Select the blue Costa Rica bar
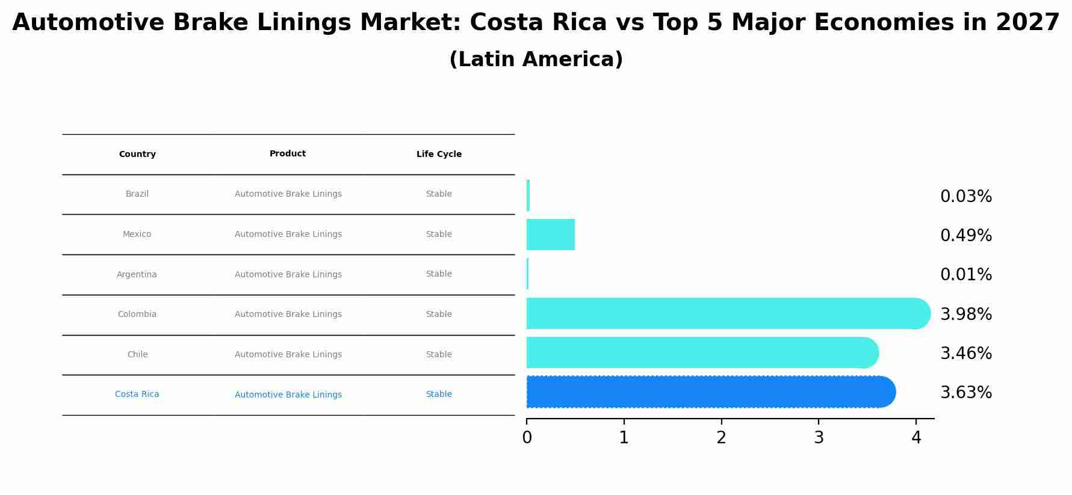pyautogui.click(x=710, y=392)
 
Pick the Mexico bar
pyautogui.click(x=550, y=235)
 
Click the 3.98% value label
pyautogui.click(x=965, y=314)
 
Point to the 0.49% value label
pyautogui.click(x=965, y=236)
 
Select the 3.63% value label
pyautogui.click(x=965, y=393)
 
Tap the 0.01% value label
pyautogui.click(x=965, y=275)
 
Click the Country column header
pyautogui.click(x=137, y=155)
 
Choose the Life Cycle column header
pyautogui.click(x=439, y=155)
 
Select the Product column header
pyautogui.click(x=288, y=154)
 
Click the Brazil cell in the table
pyautogui.click(x=137, y=194)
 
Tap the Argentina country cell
pyautogui.click(x=137, y=275)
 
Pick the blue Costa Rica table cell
pyautogui.click(x=137, y=395)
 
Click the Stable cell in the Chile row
pyautogui.click(x=439, y=355)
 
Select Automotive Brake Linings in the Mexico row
pyautogui.click(x=288, y=235)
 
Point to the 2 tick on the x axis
pyautogui.click(x=721, y=438)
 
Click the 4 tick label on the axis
pyautogui.click(x=916, y=438)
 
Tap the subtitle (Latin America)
pyautogui.click(x=536, y=60)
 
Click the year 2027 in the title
pyautogui.click(x=1027, y=23)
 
